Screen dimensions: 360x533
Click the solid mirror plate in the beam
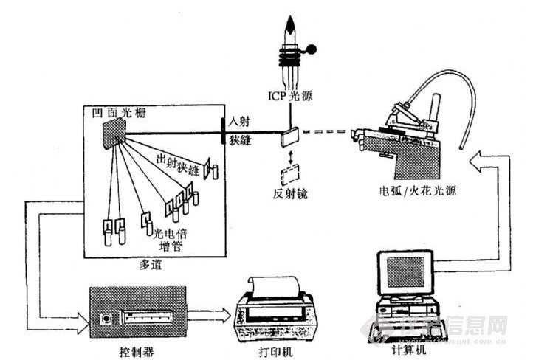[287, 136]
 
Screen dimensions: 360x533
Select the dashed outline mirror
[288, 174]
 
